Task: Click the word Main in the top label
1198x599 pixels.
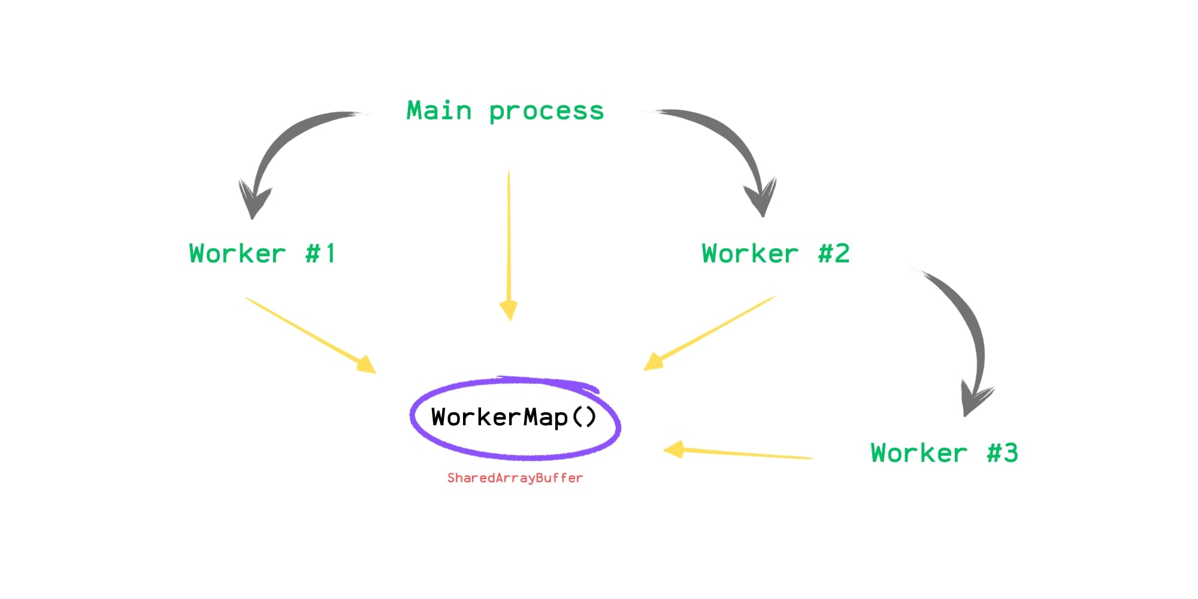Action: pyautogui.click(x=439, y=111)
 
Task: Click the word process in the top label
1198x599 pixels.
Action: pyautogui.click(x=546, y=112)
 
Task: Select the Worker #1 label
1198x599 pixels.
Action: pyautogui.click(x=262, y=253)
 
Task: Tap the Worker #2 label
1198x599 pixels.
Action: pyautogui.click(x=775, y=253)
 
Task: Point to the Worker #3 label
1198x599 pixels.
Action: pyautogui.click(x=944, y=453)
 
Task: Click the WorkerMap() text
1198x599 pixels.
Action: pyautogui.click(x=514, y=417)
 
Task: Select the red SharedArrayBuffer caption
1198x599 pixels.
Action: pyautogui.click(x=515, y=478)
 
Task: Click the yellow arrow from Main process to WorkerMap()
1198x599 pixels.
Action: pyautogui.click(x=509, y=240)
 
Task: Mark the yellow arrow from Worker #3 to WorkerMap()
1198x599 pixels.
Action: pyautogui.click(x=743, y=453)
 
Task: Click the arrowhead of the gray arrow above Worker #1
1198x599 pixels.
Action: pyautogui.click(x=254, y=201)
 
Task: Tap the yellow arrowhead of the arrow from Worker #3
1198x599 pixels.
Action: pyautogui.click(x=676, y=449)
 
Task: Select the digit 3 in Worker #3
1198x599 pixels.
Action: pyautogui.click(x=1011, y=453)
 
